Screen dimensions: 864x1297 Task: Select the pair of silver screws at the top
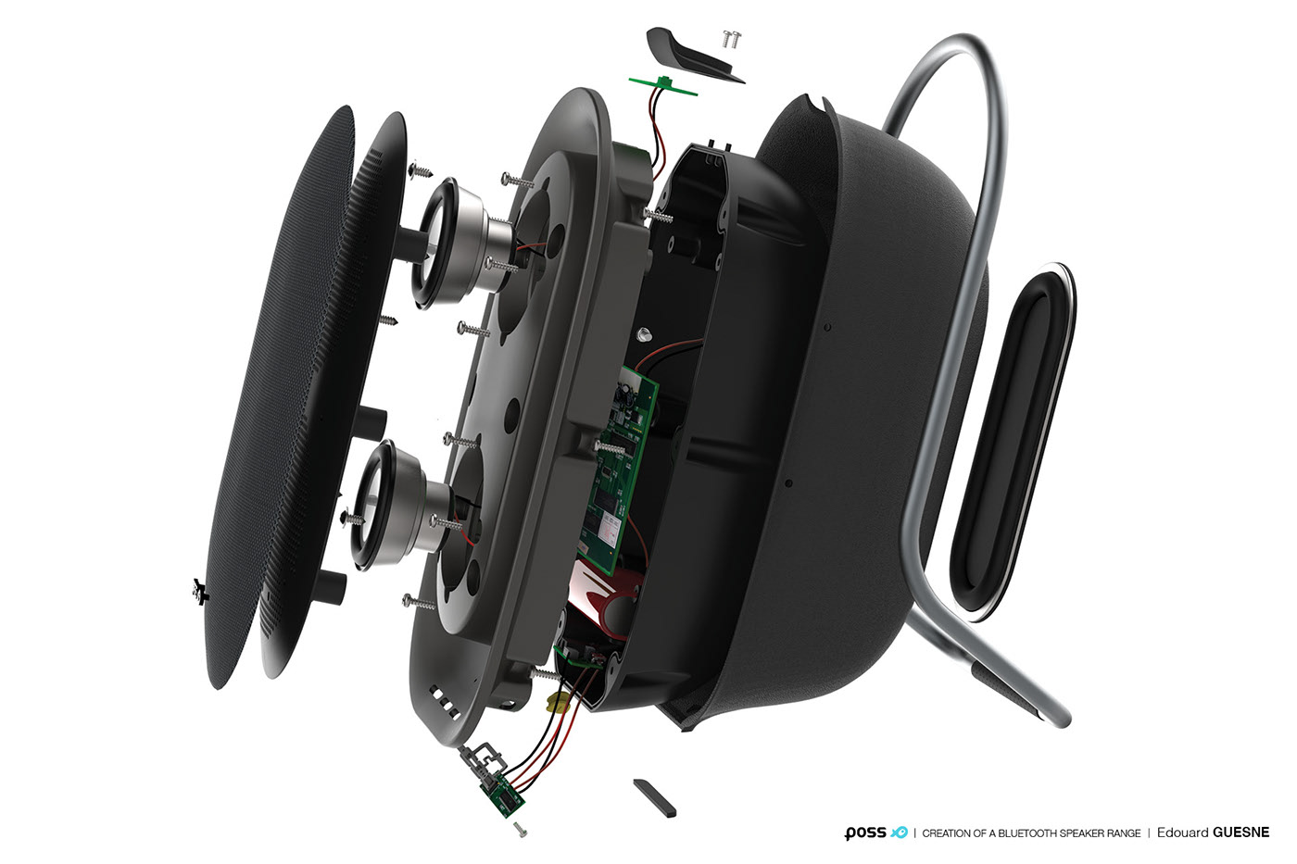click(731, 39)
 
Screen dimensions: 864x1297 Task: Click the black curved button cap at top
click(690, 55)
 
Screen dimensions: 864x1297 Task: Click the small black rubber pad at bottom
click(654, 796)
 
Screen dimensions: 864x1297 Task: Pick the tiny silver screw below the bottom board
click(521, 831)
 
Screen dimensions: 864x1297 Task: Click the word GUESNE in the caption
click(1241, 833)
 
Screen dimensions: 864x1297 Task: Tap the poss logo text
click(865, 833)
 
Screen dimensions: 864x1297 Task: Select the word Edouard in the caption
click(1182, 833)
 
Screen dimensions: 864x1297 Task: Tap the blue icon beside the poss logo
click(899, 833)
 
